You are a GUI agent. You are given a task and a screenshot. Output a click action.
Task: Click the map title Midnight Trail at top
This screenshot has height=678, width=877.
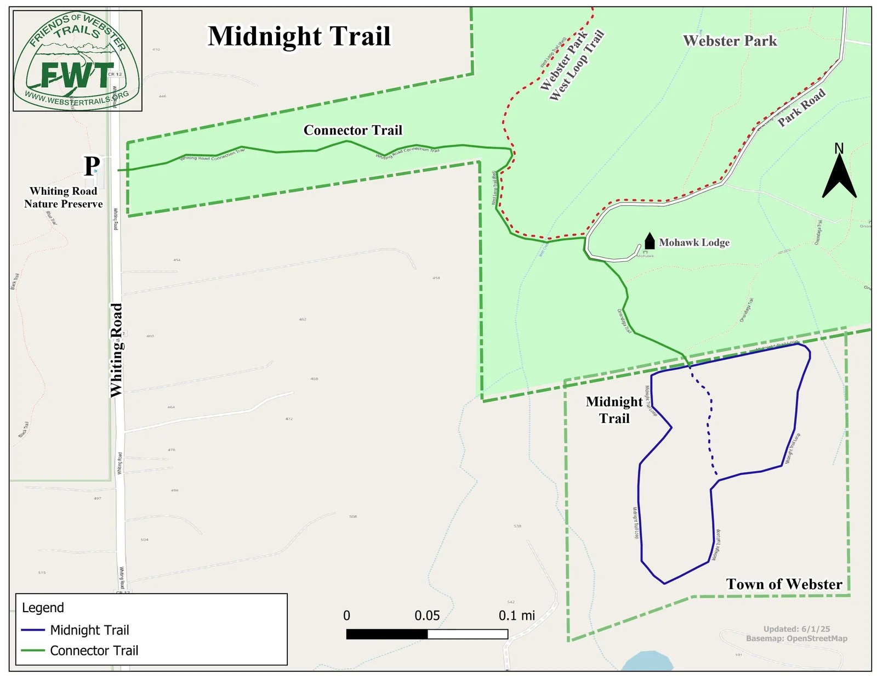[299, 37]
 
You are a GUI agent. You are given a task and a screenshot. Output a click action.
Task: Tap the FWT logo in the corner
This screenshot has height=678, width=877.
[77, 61]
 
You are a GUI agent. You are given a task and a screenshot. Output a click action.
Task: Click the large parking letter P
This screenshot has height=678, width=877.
[92, 166]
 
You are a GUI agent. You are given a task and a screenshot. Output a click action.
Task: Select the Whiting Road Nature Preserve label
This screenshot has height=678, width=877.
[64, 197]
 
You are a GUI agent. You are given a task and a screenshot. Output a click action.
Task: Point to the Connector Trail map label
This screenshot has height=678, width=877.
[353, 131]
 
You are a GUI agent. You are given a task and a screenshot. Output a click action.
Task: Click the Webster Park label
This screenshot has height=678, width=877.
[730, 41]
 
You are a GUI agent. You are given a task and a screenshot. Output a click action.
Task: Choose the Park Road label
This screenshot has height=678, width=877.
[801, 108]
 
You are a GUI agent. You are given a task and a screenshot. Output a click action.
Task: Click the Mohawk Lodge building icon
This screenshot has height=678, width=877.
[650, 241]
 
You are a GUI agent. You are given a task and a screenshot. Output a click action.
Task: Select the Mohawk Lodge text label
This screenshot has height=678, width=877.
[694, 242]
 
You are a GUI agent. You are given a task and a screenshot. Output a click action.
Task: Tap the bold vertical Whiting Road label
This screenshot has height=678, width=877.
[117, 350]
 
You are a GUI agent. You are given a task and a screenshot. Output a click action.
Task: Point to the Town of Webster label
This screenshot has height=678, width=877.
[784, 584]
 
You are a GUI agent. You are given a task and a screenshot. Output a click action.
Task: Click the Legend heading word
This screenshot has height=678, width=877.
[43, 608]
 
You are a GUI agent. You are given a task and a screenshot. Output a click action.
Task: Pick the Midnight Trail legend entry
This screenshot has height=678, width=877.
[89, 630]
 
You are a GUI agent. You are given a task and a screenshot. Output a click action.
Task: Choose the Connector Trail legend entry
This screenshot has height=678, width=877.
[94, 651]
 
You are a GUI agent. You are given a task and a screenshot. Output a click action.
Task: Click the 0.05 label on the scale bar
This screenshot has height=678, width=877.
[427, 615]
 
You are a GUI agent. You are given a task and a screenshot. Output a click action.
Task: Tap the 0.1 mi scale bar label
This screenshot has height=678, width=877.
[516, 615]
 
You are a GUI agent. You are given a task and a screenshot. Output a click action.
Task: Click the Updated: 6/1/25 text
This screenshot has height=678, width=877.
[796, 629]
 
